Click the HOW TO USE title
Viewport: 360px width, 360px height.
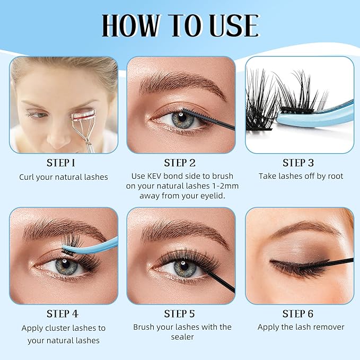180,25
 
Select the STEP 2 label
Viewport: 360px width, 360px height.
180,163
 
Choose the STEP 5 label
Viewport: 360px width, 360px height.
180,314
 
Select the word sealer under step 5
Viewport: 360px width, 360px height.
182,337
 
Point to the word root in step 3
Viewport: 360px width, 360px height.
332,175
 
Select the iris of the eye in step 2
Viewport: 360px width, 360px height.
182,119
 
